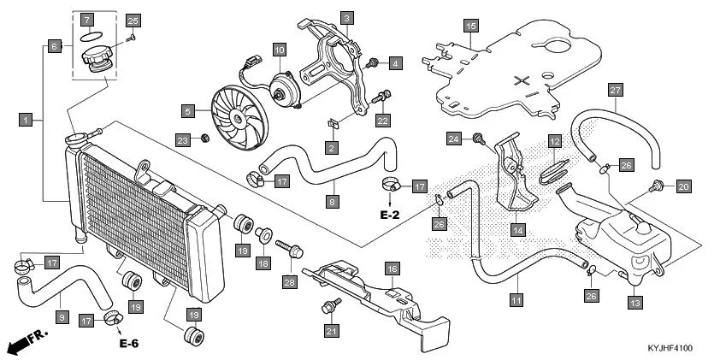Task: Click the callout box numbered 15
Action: coord(470,27)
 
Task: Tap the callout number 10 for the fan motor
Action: coord(279,50)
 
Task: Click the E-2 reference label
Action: coord(390,215)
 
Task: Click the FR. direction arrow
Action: coord(25,343)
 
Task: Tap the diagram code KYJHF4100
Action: coord(678,350)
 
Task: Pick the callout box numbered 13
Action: coord(634,302)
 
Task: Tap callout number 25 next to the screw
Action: coord(133,20)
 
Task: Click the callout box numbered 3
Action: coord(346,17)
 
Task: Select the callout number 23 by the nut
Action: coord(182,139)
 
